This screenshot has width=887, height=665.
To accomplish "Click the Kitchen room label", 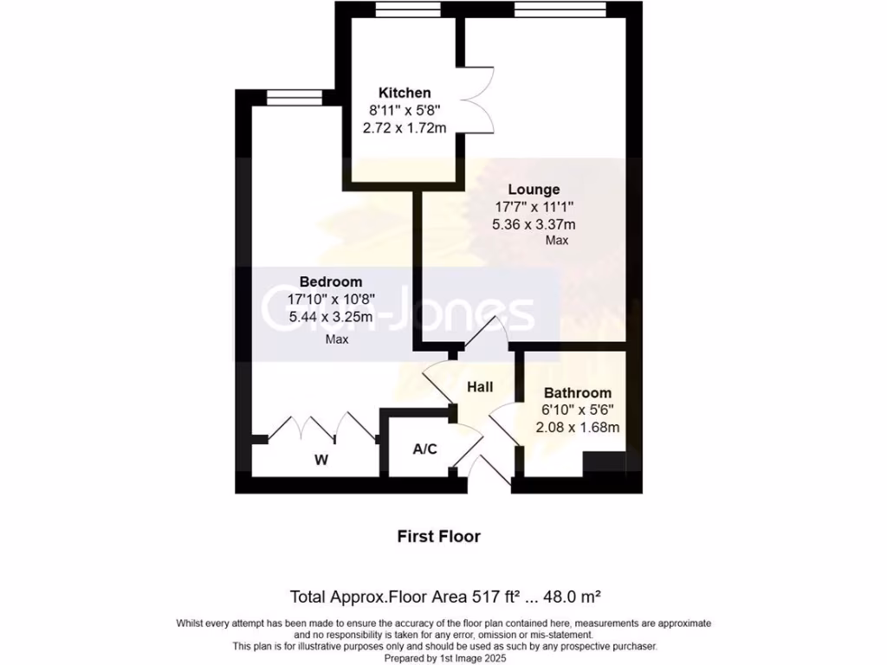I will pyautogui.click(x=405, y=93).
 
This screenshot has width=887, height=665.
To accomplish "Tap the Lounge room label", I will pyautogui.click(x=534, y=189).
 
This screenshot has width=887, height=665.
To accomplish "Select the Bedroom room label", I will pyautogui.click(x=331, y=281).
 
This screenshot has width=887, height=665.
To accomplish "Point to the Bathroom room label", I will pyautogui.click(x=577, y=392).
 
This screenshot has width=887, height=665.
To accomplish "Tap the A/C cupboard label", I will pyautogui.click(x=424, y=449).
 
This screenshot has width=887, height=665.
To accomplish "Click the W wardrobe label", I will pyautogui.click(x=321, y=460).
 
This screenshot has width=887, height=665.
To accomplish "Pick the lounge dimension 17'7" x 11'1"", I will pyautogui.click(x=534, y=207).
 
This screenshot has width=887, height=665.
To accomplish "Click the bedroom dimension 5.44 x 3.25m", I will pyautogui.click(x=331, y=317).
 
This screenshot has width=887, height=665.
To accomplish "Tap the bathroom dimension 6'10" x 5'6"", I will pyautogui.click(x=577, y=410).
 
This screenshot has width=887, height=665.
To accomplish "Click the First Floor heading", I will pyautogui.click(x=438, y=536).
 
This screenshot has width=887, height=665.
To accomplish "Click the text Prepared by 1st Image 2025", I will pyautogui.click(x=443, y=657).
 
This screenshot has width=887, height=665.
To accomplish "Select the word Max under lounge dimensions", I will pyautogui.click(x=557, y=241).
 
